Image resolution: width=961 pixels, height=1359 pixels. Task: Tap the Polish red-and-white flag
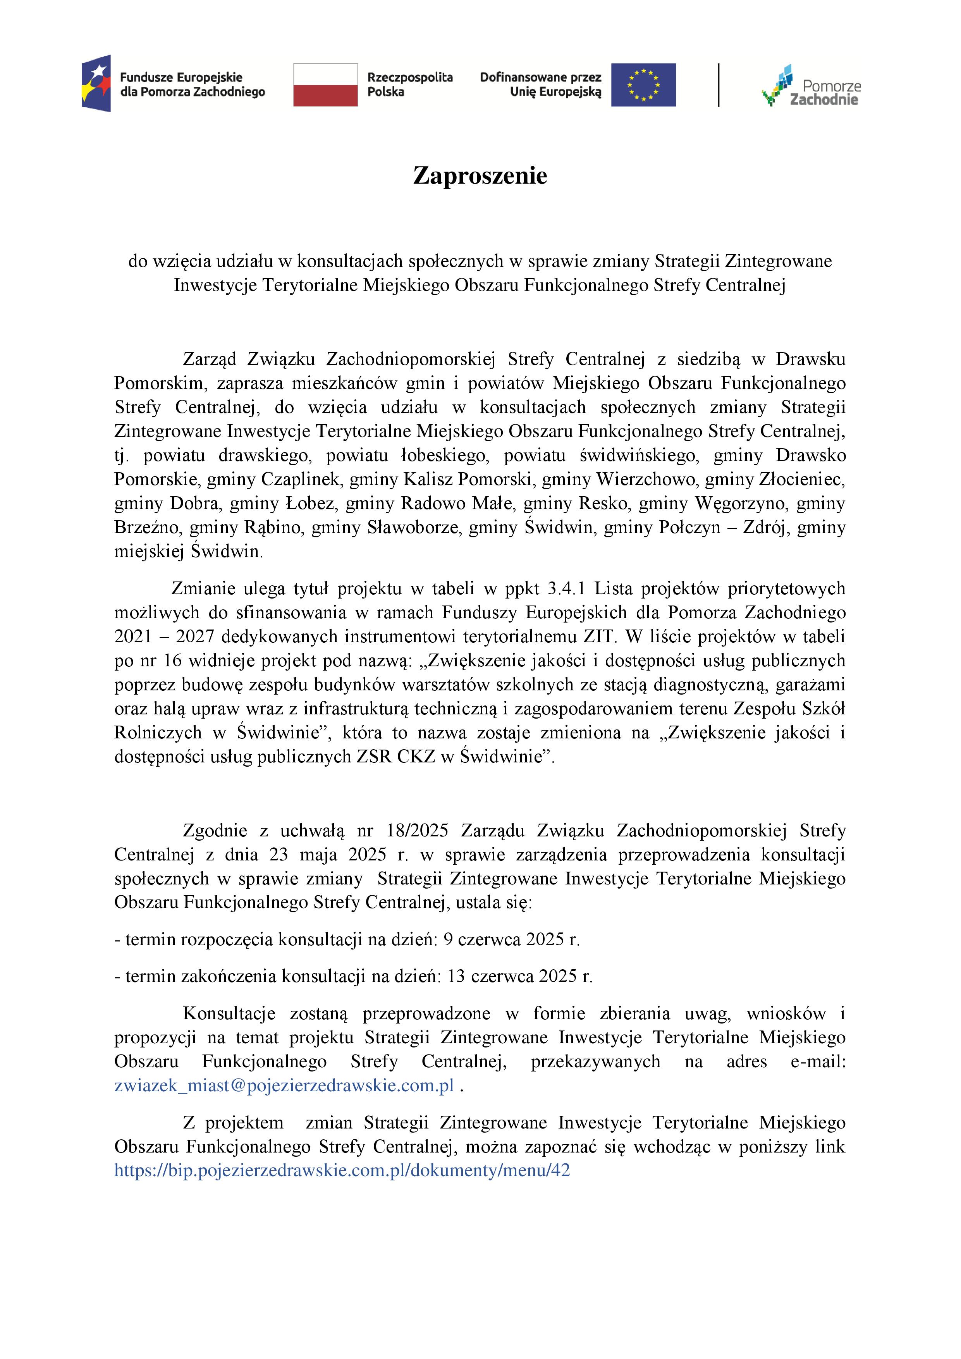(x=325, y=84)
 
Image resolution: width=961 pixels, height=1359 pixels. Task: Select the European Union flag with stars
(x=643, y=84)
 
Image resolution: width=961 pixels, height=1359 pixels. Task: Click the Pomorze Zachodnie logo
(x=811, y=86)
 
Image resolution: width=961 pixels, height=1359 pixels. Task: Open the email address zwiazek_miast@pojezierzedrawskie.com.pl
(x=284, y=1085)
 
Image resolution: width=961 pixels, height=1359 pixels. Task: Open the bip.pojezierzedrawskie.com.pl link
(x=342, y=1170)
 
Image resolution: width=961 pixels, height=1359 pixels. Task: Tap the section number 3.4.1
(x=566, y=588)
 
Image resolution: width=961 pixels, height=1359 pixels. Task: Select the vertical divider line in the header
(x=719, y=84)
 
